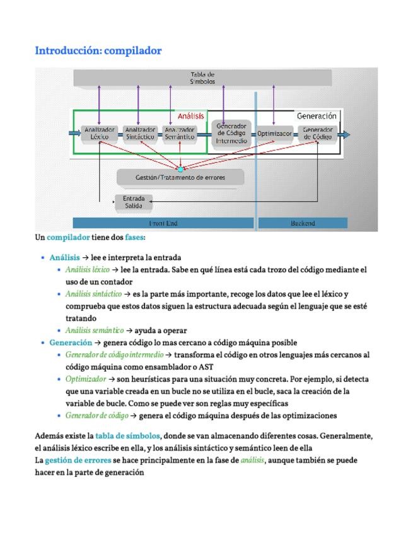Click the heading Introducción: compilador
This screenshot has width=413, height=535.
click(98, 50)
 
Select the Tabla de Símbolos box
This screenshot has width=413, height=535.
click(202, 78)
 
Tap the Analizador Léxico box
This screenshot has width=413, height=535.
click(100, 133)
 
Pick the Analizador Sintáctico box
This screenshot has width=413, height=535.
click(140, 133)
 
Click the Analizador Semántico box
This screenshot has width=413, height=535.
click(180, 133)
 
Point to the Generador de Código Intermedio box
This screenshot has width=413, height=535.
click(231, 133)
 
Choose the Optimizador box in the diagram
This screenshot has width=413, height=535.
click(274, 134)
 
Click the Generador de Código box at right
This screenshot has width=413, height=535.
click(317, 133)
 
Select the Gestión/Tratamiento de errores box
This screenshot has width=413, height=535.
click(180, 177)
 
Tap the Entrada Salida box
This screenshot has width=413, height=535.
click(134, 202)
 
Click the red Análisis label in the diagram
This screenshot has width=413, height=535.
click(190, 116)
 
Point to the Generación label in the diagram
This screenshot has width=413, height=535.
click(317, 116)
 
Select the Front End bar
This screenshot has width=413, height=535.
click(163, 223)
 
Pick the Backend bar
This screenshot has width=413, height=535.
click(303, 223)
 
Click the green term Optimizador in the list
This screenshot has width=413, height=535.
click(86, 379)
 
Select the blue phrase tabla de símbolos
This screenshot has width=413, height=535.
click(128, 436)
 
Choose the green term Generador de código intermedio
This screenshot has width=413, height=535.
click(114, 355)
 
